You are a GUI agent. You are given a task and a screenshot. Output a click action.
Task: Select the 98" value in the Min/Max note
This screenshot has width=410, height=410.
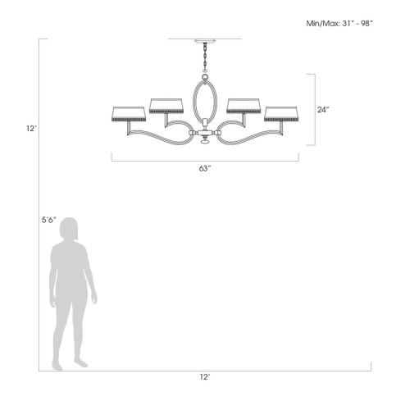(367, 24)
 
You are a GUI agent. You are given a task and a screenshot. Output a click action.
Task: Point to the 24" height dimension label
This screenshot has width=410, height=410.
(323, 109)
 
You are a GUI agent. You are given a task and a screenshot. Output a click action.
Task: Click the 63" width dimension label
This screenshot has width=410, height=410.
(205, 168)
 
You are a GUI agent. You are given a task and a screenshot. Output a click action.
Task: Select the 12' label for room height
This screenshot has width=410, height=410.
(30, 128)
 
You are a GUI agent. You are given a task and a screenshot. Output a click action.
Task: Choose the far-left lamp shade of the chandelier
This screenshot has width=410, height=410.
(126, 113)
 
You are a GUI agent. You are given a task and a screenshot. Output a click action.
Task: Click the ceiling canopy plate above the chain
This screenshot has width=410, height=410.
(204, 40)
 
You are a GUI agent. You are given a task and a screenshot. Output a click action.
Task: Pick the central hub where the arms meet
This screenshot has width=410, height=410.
(204, 130)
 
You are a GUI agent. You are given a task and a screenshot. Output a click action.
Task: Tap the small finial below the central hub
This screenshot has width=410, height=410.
(204, 142)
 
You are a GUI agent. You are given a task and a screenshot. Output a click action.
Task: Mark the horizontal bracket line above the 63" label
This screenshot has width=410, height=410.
(205, 160)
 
